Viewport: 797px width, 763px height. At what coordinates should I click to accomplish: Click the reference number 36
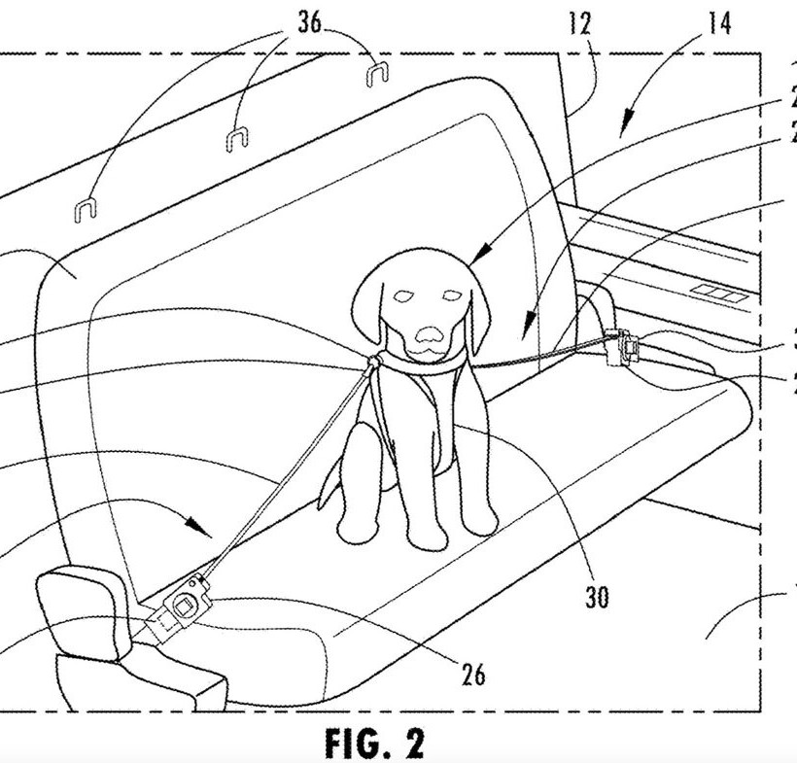coord(309,23)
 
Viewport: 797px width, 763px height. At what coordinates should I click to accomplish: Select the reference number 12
coord(580,23)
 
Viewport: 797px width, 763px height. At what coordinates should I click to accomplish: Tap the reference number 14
coord(720,23)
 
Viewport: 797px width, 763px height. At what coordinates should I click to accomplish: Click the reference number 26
coord(473,672)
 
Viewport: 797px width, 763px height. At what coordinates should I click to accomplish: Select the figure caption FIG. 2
coord(375,743)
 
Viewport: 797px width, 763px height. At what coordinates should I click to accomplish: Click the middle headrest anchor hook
coord(233,140)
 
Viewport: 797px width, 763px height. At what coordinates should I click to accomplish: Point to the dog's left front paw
coord(358,532)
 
